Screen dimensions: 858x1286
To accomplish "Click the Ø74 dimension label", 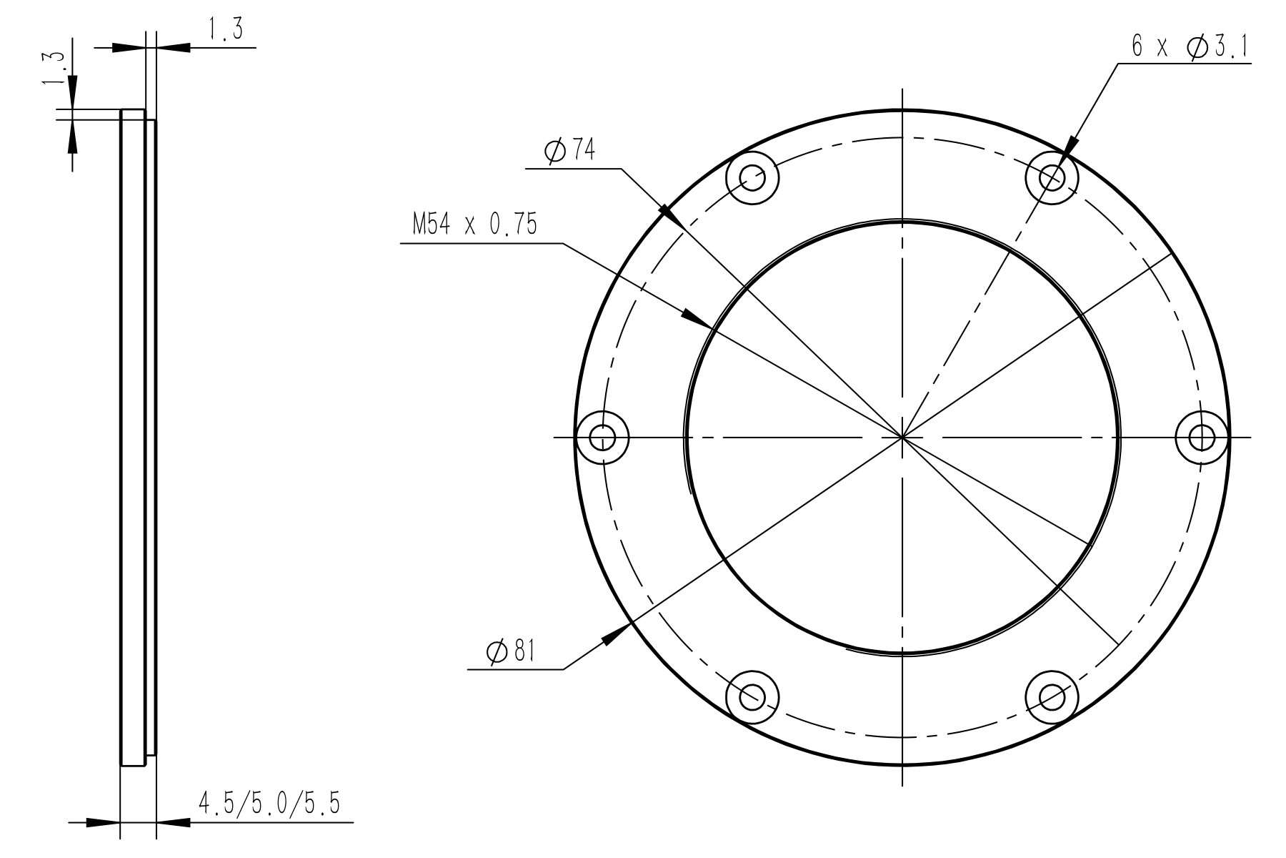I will (x=569, y=152).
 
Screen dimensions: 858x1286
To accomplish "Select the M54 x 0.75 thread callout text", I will (x=474, y=225).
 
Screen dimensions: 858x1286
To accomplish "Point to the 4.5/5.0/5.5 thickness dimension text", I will (x=269, y=805).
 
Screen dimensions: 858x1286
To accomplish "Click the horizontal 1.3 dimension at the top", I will (x=226, y=31).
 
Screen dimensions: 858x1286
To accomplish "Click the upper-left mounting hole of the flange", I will (x=752, y=177).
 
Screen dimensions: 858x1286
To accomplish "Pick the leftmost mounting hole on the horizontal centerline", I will (x=603, y=436).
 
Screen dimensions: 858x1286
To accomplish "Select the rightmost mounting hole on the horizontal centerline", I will (x=1202, y=436).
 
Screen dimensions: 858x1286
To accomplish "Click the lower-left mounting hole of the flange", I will (x=752, y=696).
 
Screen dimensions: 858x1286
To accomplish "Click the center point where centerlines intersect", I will (x=902, y=436).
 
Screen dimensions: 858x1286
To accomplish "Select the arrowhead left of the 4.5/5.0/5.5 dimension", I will (x=102, y=824).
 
